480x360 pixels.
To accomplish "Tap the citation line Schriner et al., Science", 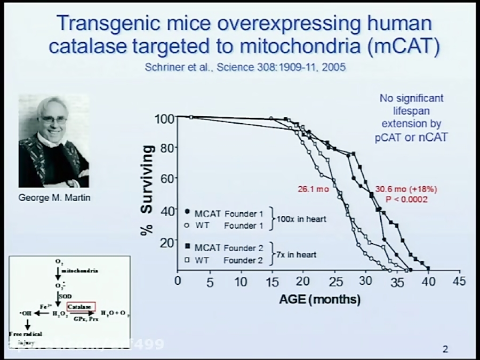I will (x=245, y=68).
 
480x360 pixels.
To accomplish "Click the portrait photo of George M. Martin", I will (x=53, y=141).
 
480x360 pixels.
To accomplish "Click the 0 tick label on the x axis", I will (x=178, y=282).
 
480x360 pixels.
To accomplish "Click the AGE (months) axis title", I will (x=319, y=300).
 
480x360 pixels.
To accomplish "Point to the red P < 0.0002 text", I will (x=406, y=199).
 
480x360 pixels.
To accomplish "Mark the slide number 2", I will (x=445, y=350).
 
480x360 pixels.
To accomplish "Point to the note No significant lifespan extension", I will (x=411, y=118).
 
